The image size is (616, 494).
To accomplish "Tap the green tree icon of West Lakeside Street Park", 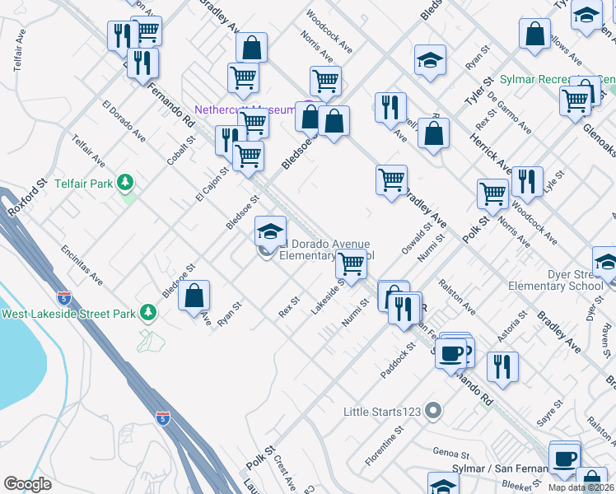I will pyautogui.click(x=147, y=312).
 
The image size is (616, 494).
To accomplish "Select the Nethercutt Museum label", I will pyautogui.click(x=244, y=110).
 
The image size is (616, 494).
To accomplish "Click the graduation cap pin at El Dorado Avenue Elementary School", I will pyautogui.click(x=270, y=231).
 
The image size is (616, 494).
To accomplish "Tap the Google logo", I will pyautogui.click(x=27, y=484).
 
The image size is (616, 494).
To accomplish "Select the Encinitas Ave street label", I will pyautogui.click(x=82, y=263).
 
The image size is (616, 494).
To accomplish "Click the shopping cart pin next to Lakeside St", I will pyautogui.click(x=352, y=265).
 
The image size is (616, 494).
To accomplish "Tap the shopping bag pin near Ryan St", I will pyautogui.click(x=194, y=296).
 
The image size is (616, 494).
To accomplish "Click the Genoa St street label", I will pyautogui.click(x=450, y=453).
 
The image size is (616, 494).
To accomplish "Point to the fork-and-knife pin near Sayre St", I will pyautogui.click(x=502, y=367).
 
